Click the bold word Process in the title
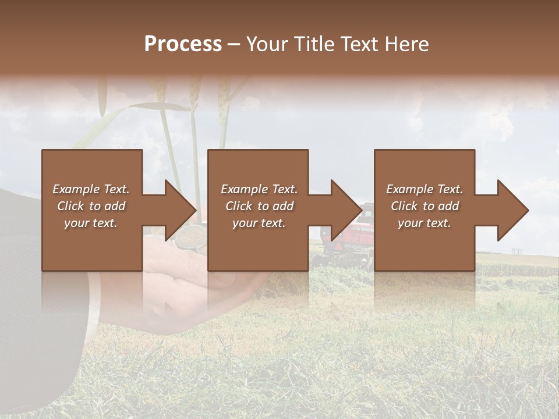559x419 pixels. tap(183, 44)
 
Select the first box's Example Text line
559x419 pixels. tap(91, 189)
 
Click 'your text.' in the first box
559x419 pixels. tap(91, 223)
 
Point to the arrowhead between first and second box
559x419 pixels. tap(181, 210)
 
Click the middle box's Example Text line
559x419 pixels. tap(259, 189)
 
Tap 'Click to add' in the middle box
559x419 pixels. tap(259, 206)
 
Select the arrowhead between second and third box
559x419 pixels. tap(346, 210)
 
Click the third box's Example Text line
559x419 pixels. tap(424, 189)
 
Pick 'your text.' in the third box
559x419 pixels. tap(424, 223)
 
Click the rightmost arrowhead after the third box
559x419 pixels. tap(512, 210)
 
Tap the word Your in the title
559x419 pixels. tap(267, 44)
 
